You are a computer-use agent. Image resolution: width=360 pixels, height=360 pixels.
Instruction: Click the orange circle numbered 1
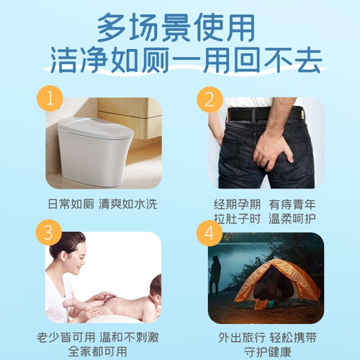tap(50, 99)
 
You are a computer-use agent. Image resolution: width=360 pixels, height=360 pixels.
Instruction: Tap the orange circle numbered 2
tap(210, 99)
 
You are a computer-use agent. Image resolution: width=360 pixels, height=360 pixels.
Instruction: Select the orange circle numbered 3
tap(49, 233)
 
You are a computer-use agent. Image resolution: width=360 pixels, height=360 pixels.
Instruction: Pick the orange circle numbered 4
tap(210, 233)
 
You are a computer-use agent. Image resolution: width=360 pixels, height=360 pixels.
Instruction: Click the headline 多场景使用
tap(176, 27)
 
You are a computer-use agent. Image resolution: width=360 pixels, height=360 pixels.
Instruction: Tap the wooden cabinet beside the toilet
tap(130, 117)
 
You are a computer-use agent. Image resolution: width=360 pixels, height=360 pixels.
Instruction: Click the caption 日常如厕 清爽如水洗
tap(102, 204)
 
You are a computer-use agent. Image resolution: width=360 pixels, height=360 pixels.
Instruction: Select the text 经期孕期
tap(237, 204)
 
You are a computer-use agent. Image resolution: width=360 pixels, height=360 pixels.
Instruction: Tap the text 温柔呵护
tap(292, 218)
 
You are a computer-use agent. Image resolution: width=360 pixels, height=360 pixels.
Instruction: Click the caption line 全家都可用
tap(98, 351)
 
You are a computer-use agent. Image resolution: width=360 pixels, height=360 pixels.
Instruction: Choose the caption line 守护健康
tap(267, 352)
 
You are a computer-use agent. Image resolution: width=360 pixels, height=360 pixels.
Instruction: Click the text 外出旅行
tap(242, 338)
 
